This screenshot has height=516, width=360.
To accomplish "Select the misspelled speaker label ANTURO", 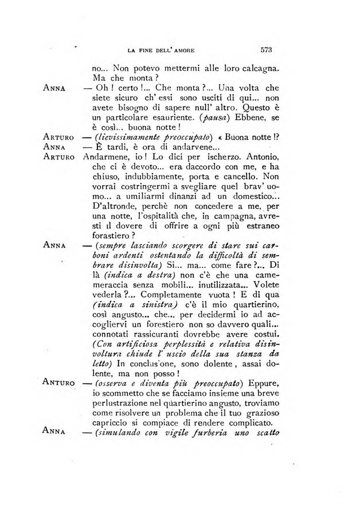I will (60, 381).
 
